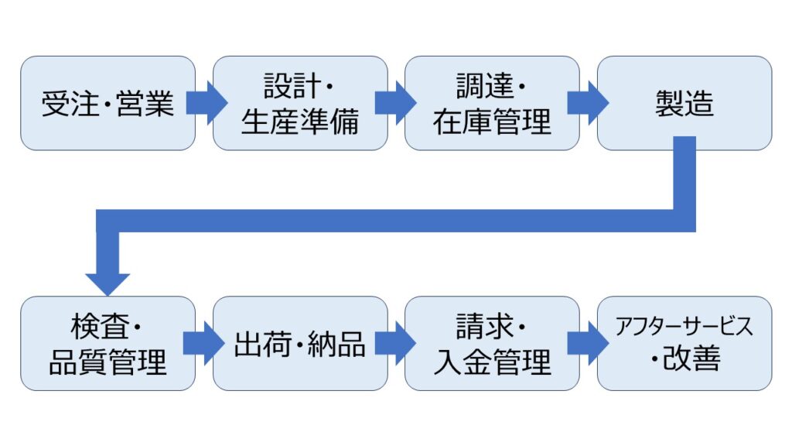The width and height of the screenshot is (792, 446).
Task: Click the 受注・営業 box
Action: click(x=108, y=103)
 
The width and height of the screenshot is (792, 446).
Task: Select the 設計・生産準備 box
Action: click(x=300, y=103)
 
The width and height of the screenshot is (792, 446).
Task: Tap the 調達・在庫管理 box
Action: click(x=492, y=103)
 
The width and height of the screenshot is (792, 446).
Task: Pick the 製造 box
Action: click(x=684, y=103)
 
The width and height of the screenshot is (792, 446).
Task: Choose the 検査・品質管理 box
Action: click(x=108, y=343)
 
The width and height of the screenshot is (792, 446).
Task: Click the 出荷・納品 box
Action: click(x=300, y=343)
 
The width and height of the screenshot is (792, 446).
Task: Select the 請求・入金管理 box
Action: click(x=492, y=343)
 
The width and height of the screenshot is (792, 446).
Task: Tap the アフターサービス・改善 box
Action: click(x=684, y=343)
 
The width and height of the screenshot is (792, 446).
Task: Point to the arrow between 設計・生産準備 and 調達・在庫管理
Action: click(x=396, y=103)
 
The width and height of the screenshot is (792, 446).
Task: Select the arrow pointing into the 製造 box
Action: click(x=588, y=103)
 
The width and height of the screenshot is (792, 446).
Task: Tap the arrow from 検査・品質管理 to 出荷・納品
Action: click(x=204, y=343)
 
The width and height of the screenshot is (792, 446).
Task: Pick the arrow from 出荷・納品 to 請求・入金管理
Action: click(x=396, y=343)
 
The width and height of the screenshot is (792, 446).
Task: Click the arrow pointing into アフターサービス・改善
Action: click(x=588, y=343)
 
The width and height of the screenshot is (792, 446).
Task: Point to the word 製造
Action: click(x=684, y=104)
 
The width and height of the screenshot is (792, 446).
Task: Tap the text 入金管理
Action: click(x=492, y=361)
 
